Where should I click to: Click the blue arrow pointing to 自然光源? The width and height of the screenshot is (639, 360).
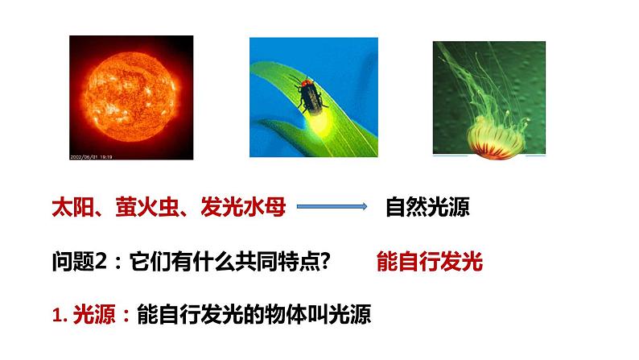click(332, 208)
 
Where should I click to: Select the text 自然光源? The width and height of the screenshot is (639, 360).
click(427, 208)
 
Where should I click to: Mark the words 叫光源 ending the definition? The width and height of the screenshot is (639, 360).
click(341, 313)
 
